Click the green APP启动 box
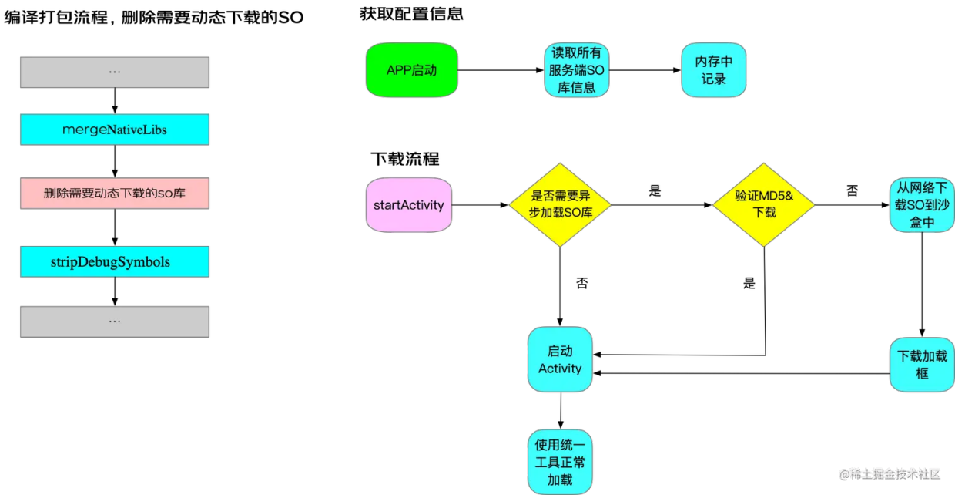411,70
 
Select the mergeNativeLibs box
115,130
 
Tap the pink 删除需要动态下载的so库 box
115,194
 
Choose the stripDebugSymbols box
115,262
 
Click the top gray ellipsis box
115,72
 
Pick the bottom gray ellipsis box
115,321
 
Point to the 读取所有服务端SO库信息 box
577,70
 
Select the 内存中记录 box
714,70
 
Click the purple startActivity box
409,205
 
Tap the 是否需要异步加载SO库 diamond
560,204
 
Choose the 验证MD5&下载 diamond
763,204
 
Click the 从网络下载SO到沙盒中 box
922,205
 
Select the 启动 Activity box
560,359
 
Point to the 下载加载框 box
922,365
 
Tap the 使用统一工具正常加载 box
560,462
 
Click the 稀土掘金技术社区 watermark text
894,473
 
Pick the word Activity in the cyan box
560,369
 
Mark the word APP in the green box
398,70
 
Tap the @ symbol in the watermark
843,473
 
